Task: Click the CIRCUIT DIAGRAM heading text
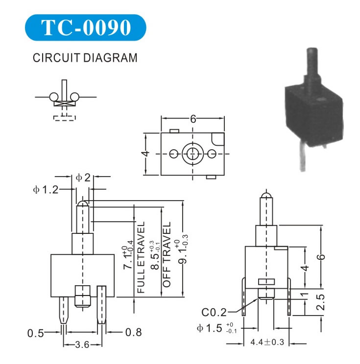(x=85, y=58)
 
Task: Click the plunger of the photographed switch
(x=311, y=66)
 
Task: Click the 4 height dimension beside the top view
(x=145, y=154)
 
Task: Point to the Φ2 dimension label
(x=83, y=178)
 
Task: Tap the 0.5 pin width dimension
(x=35, y=333)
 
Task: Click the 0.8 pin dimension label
(x=133, y=333)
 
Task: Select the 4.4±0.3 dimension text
(x=267, y=342)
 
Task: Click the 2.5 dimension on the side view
(x=331, y=302)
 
